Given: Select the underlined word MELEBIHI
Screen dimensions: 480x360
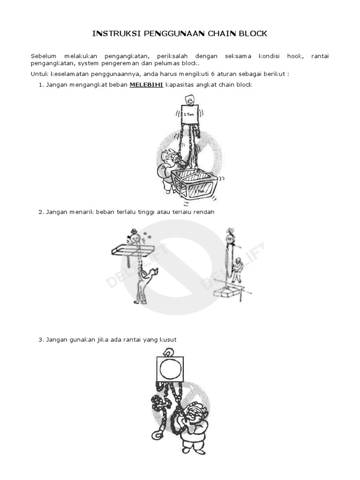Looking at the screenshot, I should pyautogui.click(x=146, y=85).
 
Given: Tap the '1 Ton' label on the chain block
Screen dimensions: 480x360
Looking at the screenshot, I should pyautogui.click(x=188, y=114).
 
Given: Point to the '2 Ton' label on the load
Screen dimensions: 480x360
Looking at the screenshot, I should pyautogui.click(x=199, y=191).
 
